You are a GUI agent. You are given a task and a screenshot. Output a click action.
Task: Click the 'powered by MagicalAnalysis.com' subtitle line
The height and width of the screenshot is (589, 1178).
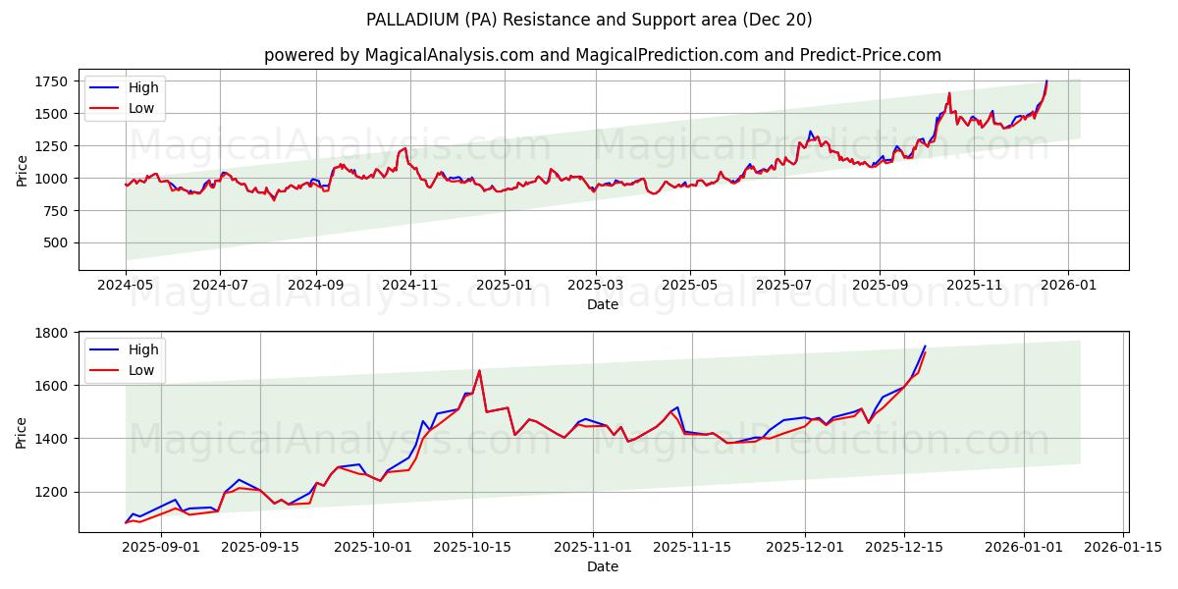pyautogui.click(x=603, y=55)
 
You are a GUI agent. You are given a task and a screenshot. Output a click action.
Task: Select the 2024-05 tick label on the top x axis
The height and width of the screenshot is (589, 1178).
pyautogui.click(x=126, y=285)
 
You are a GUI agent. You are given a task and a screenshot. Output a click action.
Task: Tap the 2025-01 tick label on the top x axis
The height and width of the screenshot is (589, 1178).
pyautogui.click(x=504, y=285)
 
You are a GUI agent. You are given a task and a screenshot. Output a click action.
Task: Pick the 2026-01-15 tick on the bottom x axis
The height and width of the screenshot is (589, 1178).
pyautogui.click(x=1122, y=548)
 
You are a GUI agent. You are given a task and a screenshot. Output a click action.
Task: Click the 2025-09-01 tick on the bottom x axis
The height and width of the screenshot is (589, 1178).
pyautogui.click(x=161, y=548)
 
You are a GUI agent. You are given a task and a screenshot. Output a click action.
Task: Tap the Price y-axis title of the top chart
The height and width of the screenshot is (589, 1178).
pyautogui.click(x=22, y=170)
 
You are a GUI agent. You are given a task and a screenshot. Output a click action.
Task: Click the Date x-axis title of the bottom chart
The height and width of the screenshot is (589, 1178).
pyautogui.click(x=603, y=566)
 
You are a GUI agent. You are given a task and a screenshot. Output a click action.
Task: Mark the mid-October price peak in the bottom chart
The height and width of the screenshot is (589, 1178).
pyautogui.click(x=479, y=371)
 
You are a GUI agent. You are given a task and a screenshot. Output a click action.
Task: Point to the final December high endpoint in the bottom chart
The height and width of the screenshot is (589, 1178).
pyautogui.click(x=925, y=346)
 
